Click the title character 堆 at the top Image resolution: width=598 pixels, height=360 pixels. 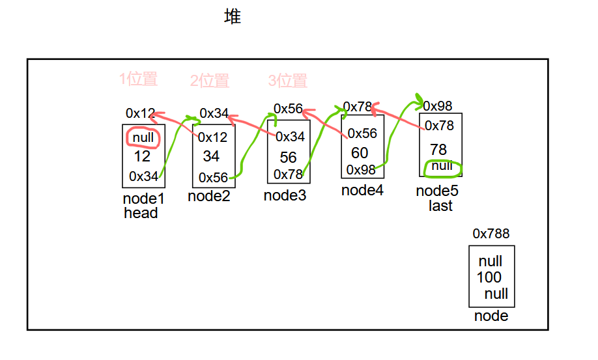[x=233, y=17]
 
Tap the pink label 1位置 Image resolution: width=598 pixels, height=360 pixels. [x=138, y=79]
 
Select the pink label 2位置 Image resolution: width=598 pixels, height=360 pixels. [x=210, y=81]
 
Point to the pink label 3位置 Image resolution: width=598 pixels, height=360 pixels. [x=287, y=81]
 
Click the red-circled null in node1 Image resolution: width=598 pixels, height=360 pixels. [x=143, y=137]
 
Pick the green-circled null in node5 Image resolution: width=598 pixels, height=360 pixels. [x=442, y=166]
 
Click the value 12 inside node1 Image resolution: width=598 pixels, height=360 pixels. [x=143, y=157]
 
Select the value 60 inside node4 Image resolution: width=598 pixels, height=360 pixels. [x=360, y=153]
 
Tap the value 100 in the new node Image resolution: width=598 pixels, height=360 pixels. [x=489, y=277]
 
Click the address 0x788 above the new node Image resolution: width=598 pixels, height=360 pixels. [x=491, y=234]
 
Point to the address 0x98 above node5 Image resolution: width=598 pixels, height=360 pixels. [x=438, y=106]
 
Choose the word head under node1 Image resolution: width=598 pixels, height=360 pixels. [x=141, y=213]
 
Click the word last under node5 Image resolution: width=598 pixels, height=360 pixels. [x=440, y=206]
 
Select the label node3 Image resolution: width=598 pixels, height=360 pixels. [x=285, y=195]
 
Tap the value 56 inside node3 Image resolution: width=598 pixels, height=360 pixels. [x=288, y=158]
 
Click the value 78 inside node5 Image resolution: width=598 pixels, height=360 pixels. [x=438, y=149]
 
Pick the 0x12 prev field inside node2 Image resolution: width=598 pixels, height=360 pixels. [x=213, y=137]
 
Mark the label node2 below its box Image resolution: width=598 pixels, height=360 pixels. [x=209, y=196]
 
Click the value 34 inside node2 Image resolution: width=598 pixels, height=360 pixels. [x=211, y=156]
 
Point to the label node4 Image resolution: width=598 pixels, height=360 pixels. [x=362, y=191]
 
